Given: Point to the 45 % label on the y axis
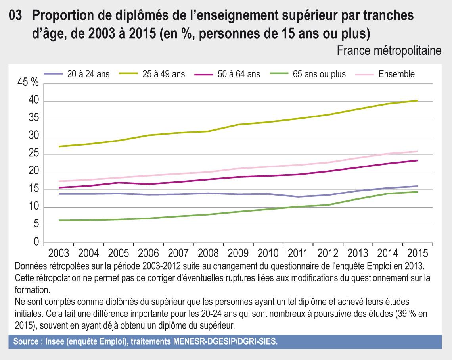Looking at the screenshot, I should click(28, 83).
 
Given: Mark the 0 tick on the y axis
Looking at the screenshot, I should click(36, 243).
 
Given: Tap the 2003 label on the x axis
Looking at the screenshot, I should click(59, 253).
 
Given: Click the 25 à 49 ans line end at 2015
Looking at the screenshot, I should click(417, 101).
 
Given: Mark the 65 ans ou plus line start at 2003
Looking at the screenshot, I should click(59, 220).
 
